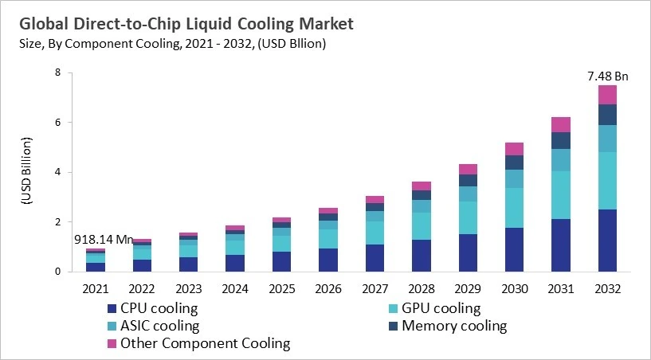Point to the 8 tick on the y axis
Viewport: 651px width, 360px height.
(x=57, y=72)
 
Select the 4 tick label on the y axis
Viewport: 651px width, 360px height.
(x=57, y=172)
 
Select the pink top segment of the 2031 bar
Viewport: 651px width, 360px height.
(x=561, y=124)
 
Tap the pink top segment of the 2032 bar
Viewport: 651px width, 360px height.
(x=607, y=95)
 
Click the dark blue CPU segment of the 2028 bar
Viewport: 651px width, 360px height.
(x=421, y=256)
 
